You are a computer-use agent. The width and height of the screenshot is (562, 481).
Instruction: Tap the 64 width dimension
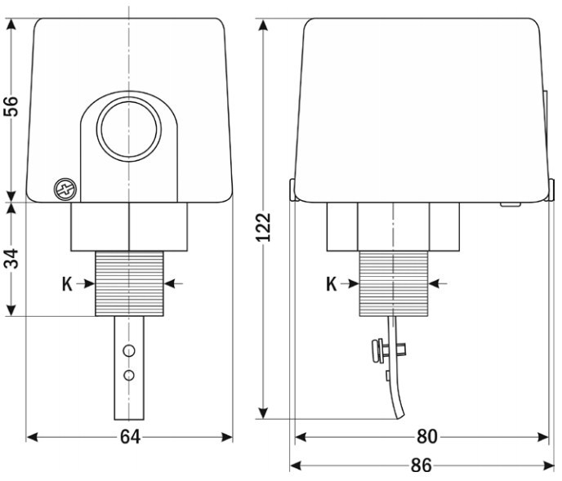[x=129, y=437]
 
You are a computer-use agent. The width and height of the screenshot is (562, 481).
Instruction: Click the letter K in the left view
[x=68, y=283]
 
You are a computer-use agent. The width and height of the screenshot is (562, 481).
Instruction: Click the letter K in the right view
[x=332, y=283]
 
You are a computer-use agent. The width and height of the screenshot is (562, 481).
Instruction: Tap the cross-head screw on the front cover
[x=65, y=189]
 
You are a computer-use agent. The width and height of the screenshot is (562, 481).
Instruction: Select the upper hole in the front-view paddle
[x=128, y=351]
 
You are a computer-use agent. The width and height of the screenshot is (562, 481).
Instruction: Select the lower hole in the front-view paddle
[x=128, y=376]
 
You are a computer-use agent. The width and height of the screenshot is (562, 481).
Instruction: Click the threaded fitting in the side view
[x=393, y=283]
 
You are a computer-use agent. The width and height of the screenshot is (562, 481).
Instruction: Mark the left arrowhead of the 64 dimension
[x=32, y=437]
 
